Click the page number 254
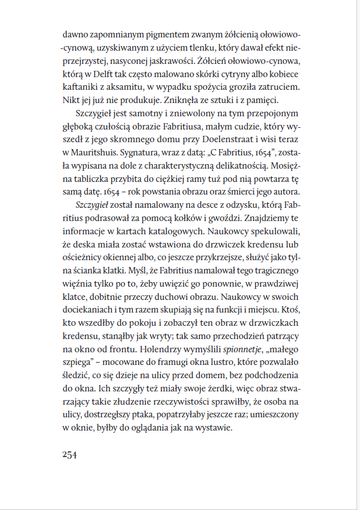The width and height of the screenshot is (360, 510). pos(69,454)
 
